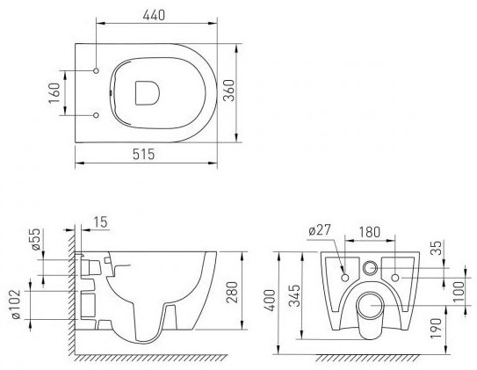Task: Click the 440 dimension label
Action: pos(154,15)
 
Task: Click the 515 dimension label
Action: pos(143,155)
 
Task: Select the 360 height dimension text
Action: pos(229,91)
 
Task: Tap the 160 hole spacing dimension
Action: pos(54,93)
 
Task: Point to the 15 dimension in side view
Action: pos(101,222)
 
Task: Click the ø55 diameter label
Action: pos(36,239)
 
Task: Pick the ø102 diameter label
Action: pos(16,304)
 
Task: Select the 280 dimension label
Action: pos(233,293)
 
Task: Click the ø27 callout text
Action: pos(319,230)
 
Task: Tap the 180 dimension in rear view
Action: pos(369,232)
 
